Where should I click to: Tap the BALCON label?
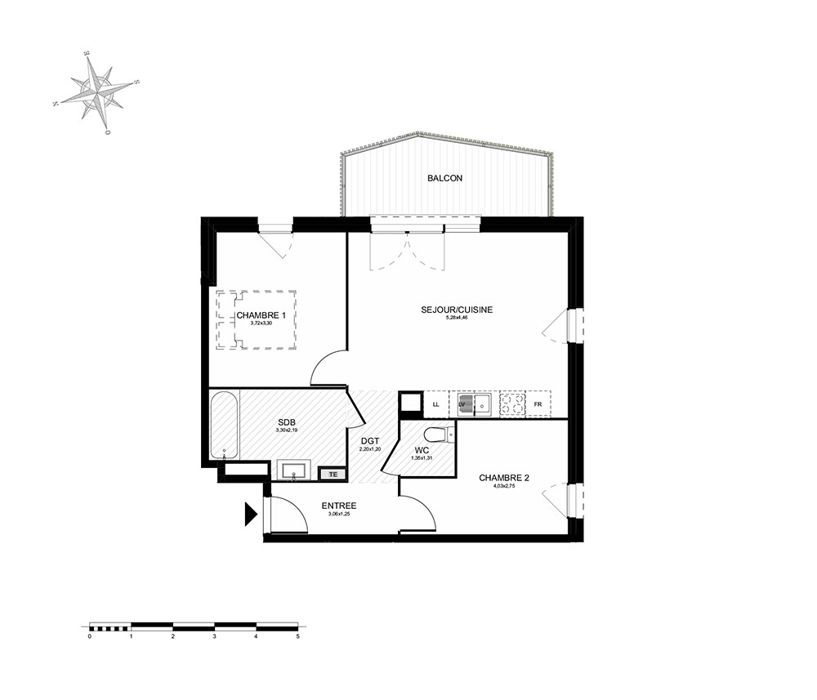coord(444,178)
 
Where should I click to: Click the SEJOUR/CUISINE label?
coord(457,310)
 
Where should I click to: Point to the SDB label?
coord(285,421)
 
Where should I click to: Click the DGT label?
coord(370,442)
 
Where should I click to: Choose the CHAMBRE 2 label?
coord(504,478)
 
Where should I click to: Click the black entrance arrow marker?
coord(250,514)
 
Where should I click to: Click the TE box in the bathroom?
coord(333,473)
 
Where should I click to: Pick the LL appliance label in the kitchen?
coord(436,404)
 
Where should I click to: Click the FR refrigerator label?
coord(538,404)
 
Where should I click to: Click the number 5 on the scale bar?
coord(298,635)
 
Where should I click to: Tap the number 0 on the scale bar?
coord(88,635)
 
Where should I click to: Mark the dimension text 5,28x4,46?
coord(457,318)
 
